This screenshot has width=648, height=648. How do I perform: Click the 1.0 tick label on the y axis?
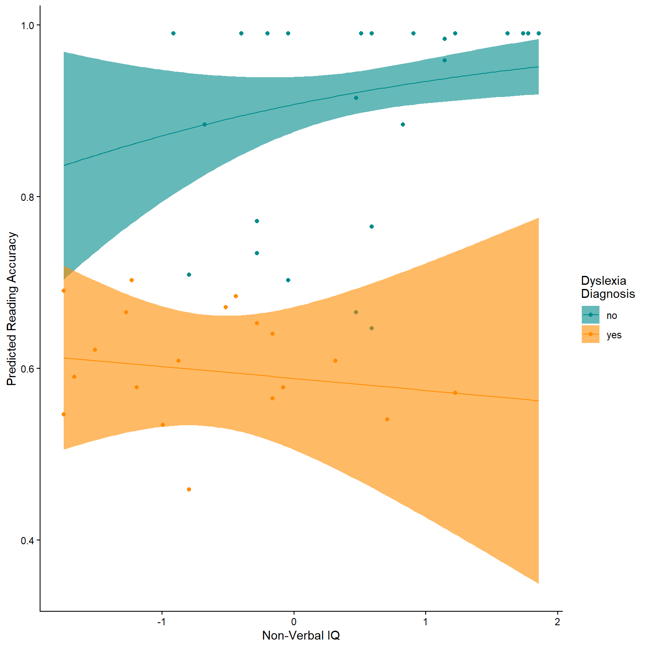click(x=27, y=26)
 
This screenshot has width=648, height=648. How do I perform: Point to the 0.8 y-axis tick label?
click(x=27, y=197)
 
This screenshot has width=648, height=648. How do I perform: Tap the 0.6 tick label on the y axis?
click(x=27, y=369)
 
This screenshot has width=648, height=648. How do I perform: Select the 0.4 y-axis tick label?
click(x=27, y=540)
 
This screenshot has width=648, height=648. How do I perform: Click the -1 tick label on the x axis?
click(x=162, y=622)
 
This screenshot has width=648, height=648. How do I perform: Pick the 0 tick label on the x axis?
click(x=294, y=622)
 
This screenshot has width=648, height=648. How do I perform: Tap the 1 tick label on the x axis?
click(x=426, y=622)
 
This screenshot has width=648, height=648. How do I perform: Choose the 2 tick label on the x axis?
click(x=558, y=622)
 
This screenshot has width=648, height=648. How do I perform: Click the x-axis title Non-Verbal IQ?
click(x=301, y=635)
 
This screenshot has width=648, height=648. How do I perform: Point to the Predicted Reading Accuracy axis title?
click(x=12, y=309)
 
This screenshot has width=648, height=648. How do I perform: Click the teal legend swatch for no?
click(x=590, y=315)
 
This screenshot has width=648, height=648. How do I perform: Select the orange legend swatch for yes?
click(x=590, y=334)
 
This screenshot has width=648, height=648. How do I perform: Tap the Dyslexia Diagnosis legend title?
click(x=607, y=287)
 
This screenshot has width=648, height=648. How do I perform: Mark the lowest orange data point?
click(x=189, y=489)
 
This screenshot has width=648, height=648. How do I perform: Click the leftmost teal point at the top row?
click(x=173, y=33)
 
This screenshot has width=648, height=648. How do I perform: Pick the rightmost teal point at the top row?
click(x=539, y=33)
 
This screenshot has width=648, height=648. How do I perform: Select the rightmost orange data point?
click(x=455, y=393)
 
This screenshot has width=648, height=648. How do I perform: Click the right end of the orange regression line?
click(x=538, y=401)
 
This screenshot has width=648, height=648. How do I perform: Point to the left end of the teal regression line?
click(x=64, y=165)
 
